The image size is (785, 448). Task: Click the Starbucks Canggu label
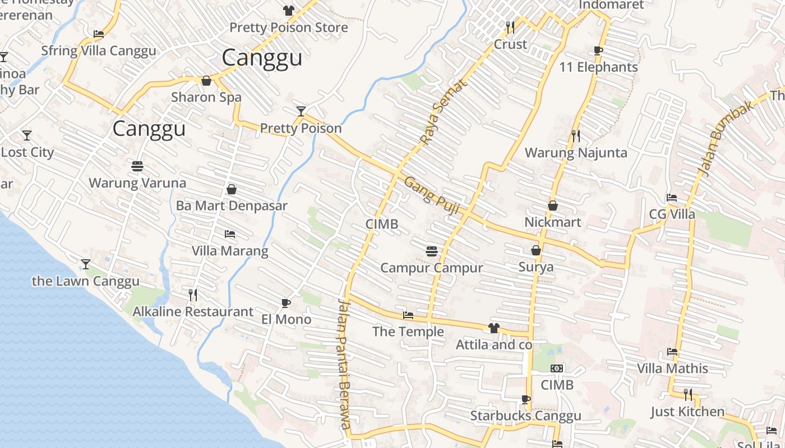click(525, 416)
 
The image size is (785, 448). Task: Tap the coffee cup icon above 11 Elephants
click(598, 51)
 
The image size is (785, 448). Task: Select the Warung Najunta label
click(576, 153)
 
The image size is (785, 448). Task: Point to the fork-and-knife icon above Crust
click(510, 27)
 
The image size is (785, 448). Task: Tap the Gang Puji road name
click(432, 197)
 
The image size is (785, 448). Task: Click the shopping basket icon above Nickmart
click(553, 206)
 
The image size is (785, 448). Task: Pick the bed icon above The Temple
click(408, 316)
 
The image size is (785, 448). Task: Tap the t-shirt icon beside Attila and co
click(493, 328)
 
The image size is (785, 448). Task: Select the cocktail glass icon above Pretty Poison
click(301, 111)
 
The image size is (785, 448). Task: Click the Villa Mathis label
click(672, 368)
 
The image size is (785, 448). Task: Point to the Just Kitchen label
click(687, 412)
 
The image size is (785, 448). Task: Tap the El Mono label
click(286, 320)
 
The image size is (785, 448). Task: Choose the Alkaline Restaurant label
click(193, 312)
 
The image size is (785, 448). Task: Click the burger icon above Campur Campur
click(431, 251)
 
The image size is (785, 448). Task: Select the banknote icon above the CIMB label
click(557, 368)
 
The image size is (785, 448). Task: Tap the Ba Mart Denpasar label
click(232, 206)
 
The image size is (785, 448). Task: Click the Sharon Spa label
click(206, 97)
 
